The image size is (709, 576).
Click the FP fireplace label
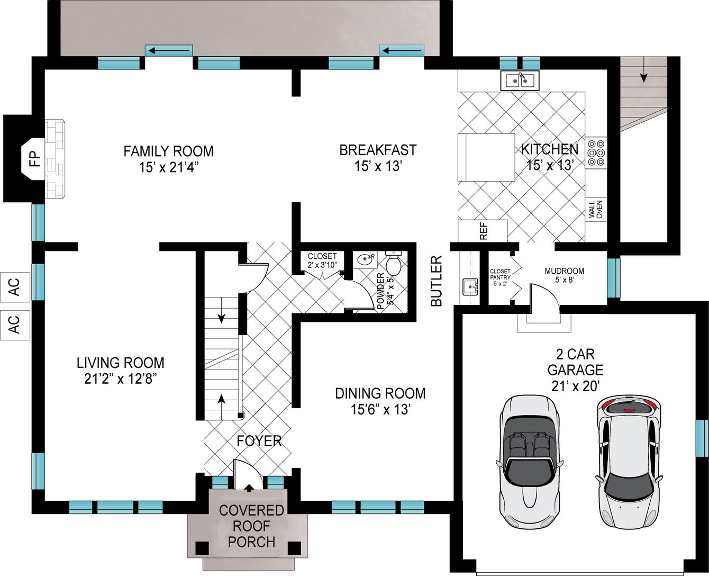click(x=35, y=159)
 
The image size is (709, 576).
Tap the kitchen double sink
click(x=520, y=80)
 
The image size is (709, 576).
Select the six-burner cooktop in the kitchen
click(x=596, y=153)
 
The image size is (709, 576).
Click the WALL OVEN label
click(x=595, y=209)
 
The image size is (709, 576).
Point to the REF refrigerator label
click(x=484, y=231)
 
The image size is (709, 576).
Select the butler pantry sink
click(x=470, y=286)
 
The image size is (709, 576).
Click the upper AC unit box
click(x=15, y=287)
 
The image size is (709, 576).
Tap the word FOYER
click(x=259, y=441)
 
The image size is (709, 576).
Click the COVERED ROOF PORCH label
click(x=251, y=526)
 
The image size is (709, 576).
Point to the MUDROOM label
click(x=564, y=271)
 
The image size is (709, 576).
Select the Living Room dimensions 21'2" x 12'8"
click(x=121, y=379)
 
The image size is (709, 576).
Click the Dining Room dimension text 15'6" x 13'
click(x=380, y=409)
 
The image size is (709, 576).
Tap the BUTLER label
click(x=437, y=281)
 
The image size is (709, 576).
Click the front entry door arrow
click(x=248, y=488)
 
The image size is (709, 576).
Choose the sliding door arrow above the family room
click(x=169, y=51)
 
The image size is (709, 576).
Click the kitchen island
click(x=486, y=157)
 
